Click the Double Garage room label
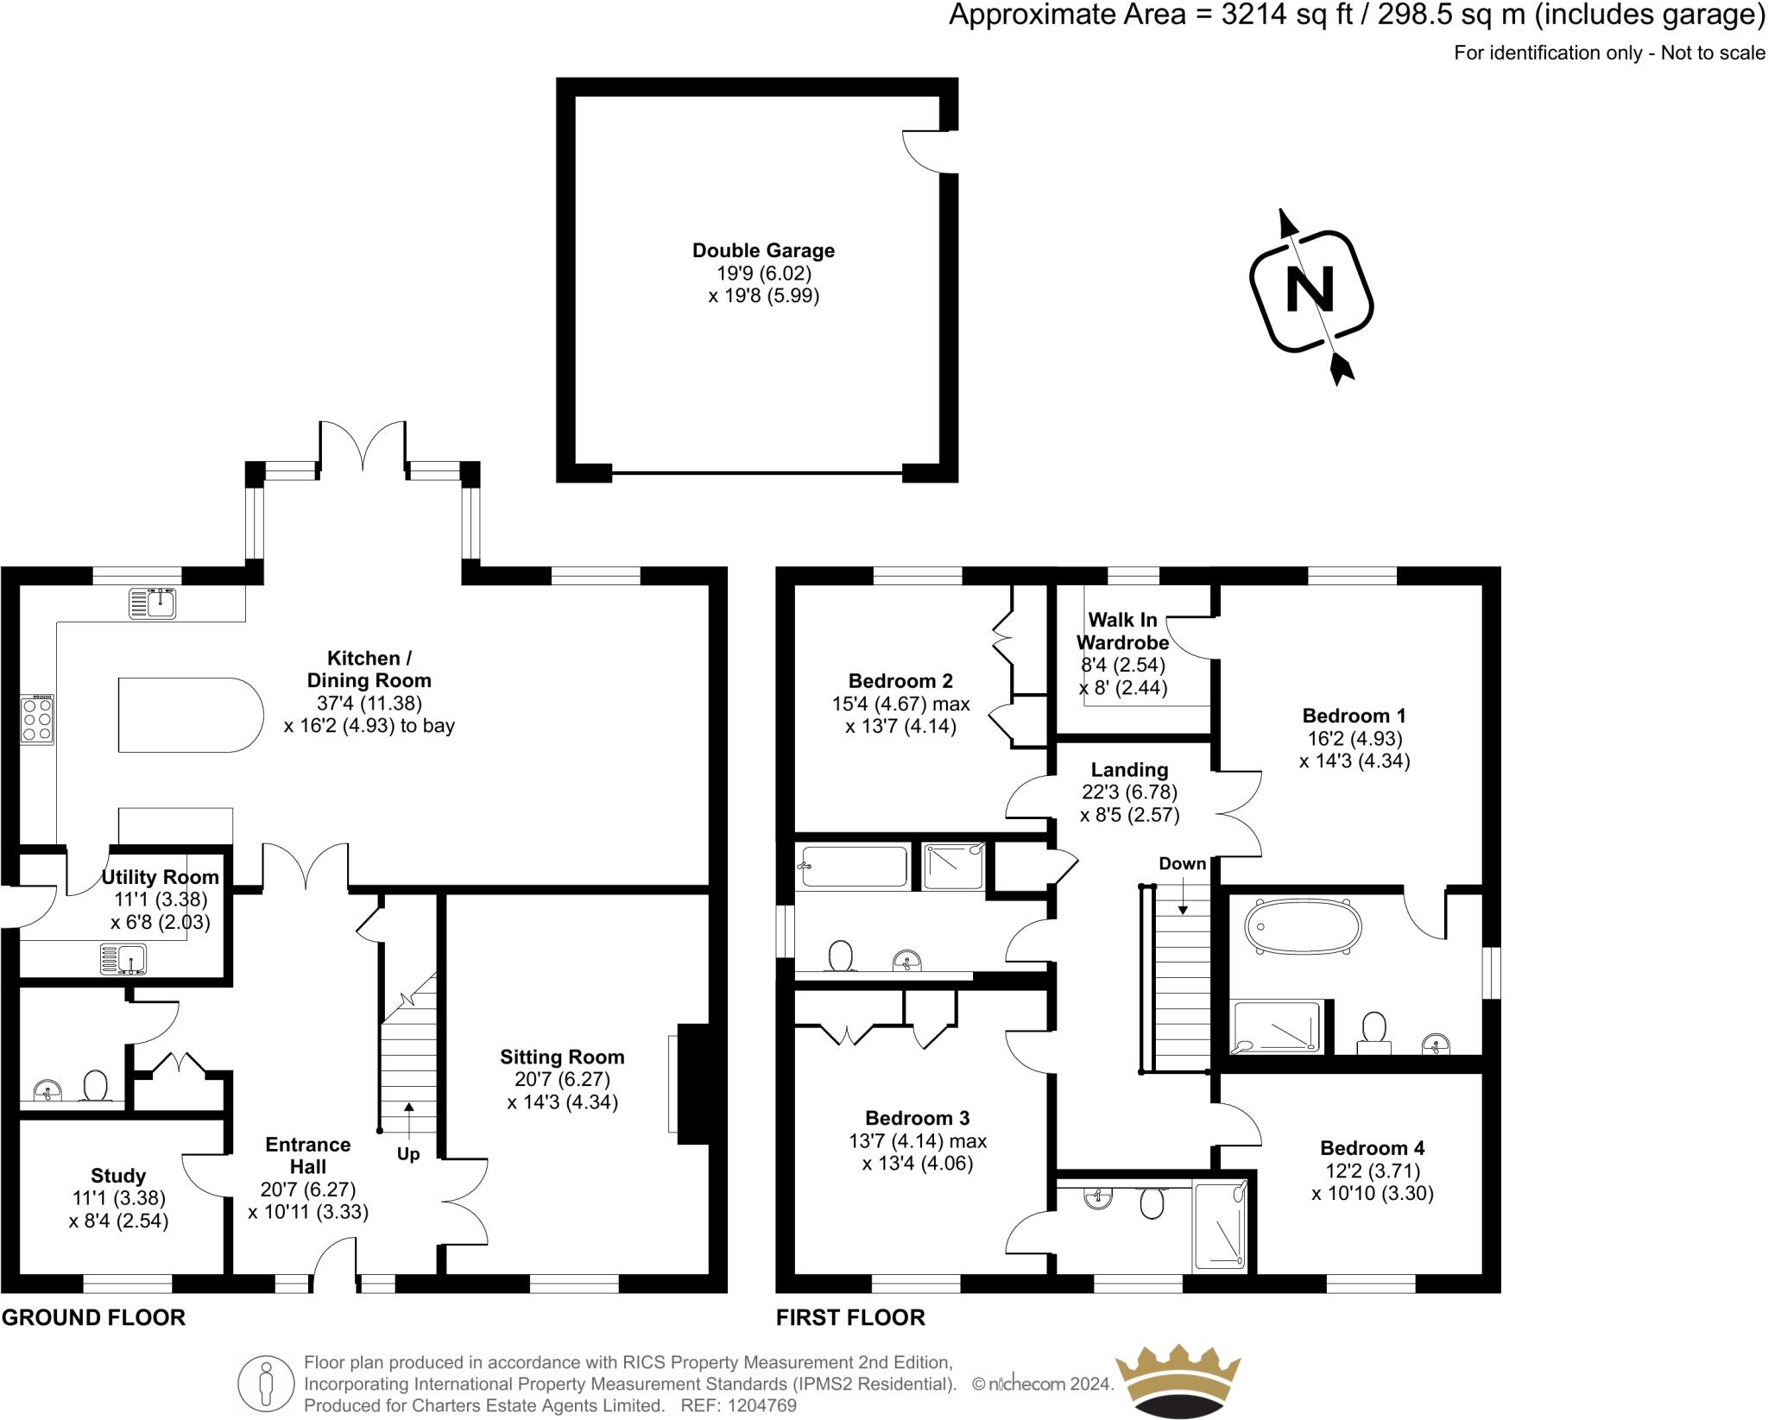763,251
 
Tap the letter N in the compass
1310,290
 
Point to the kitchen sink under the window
154,603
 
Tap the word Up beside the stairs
408,1154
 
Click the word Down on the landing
1182,863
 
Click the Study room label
118,1176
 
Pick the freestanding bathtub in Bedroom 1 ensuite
1303,927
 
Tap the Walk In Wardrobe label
1122,631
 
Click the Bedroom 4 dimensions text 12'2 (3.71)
1373,1171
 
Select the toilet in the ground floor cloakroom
95,1086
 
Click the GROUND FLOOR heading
93,1318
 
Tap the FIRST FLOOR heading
850,1318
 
